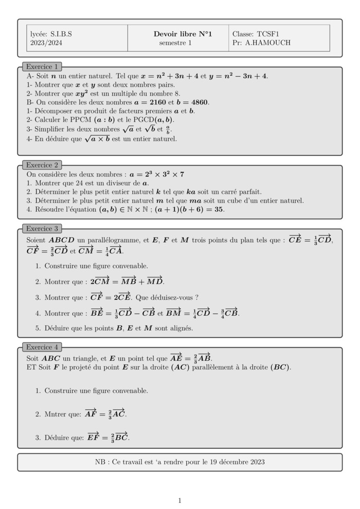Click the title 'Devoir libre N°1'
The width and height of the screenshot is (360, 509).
click(183, 34)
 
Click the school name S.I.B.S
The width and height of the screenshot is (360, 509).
click(61, 34)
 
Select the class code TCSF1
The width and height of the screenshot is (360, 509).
click(267, 34)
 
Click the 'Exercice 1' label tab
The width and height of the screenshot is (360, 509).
click(42, 67)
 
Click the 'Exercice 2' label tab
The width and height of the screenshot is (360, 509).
click(42, 165)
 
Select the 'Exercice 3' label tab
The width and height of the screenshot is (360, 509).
click(42, 228)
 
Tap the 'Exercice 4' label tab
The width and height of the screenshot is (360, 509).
click(42, 347)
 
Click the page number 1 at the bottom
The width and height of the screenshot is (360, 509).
click(179, 500)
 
